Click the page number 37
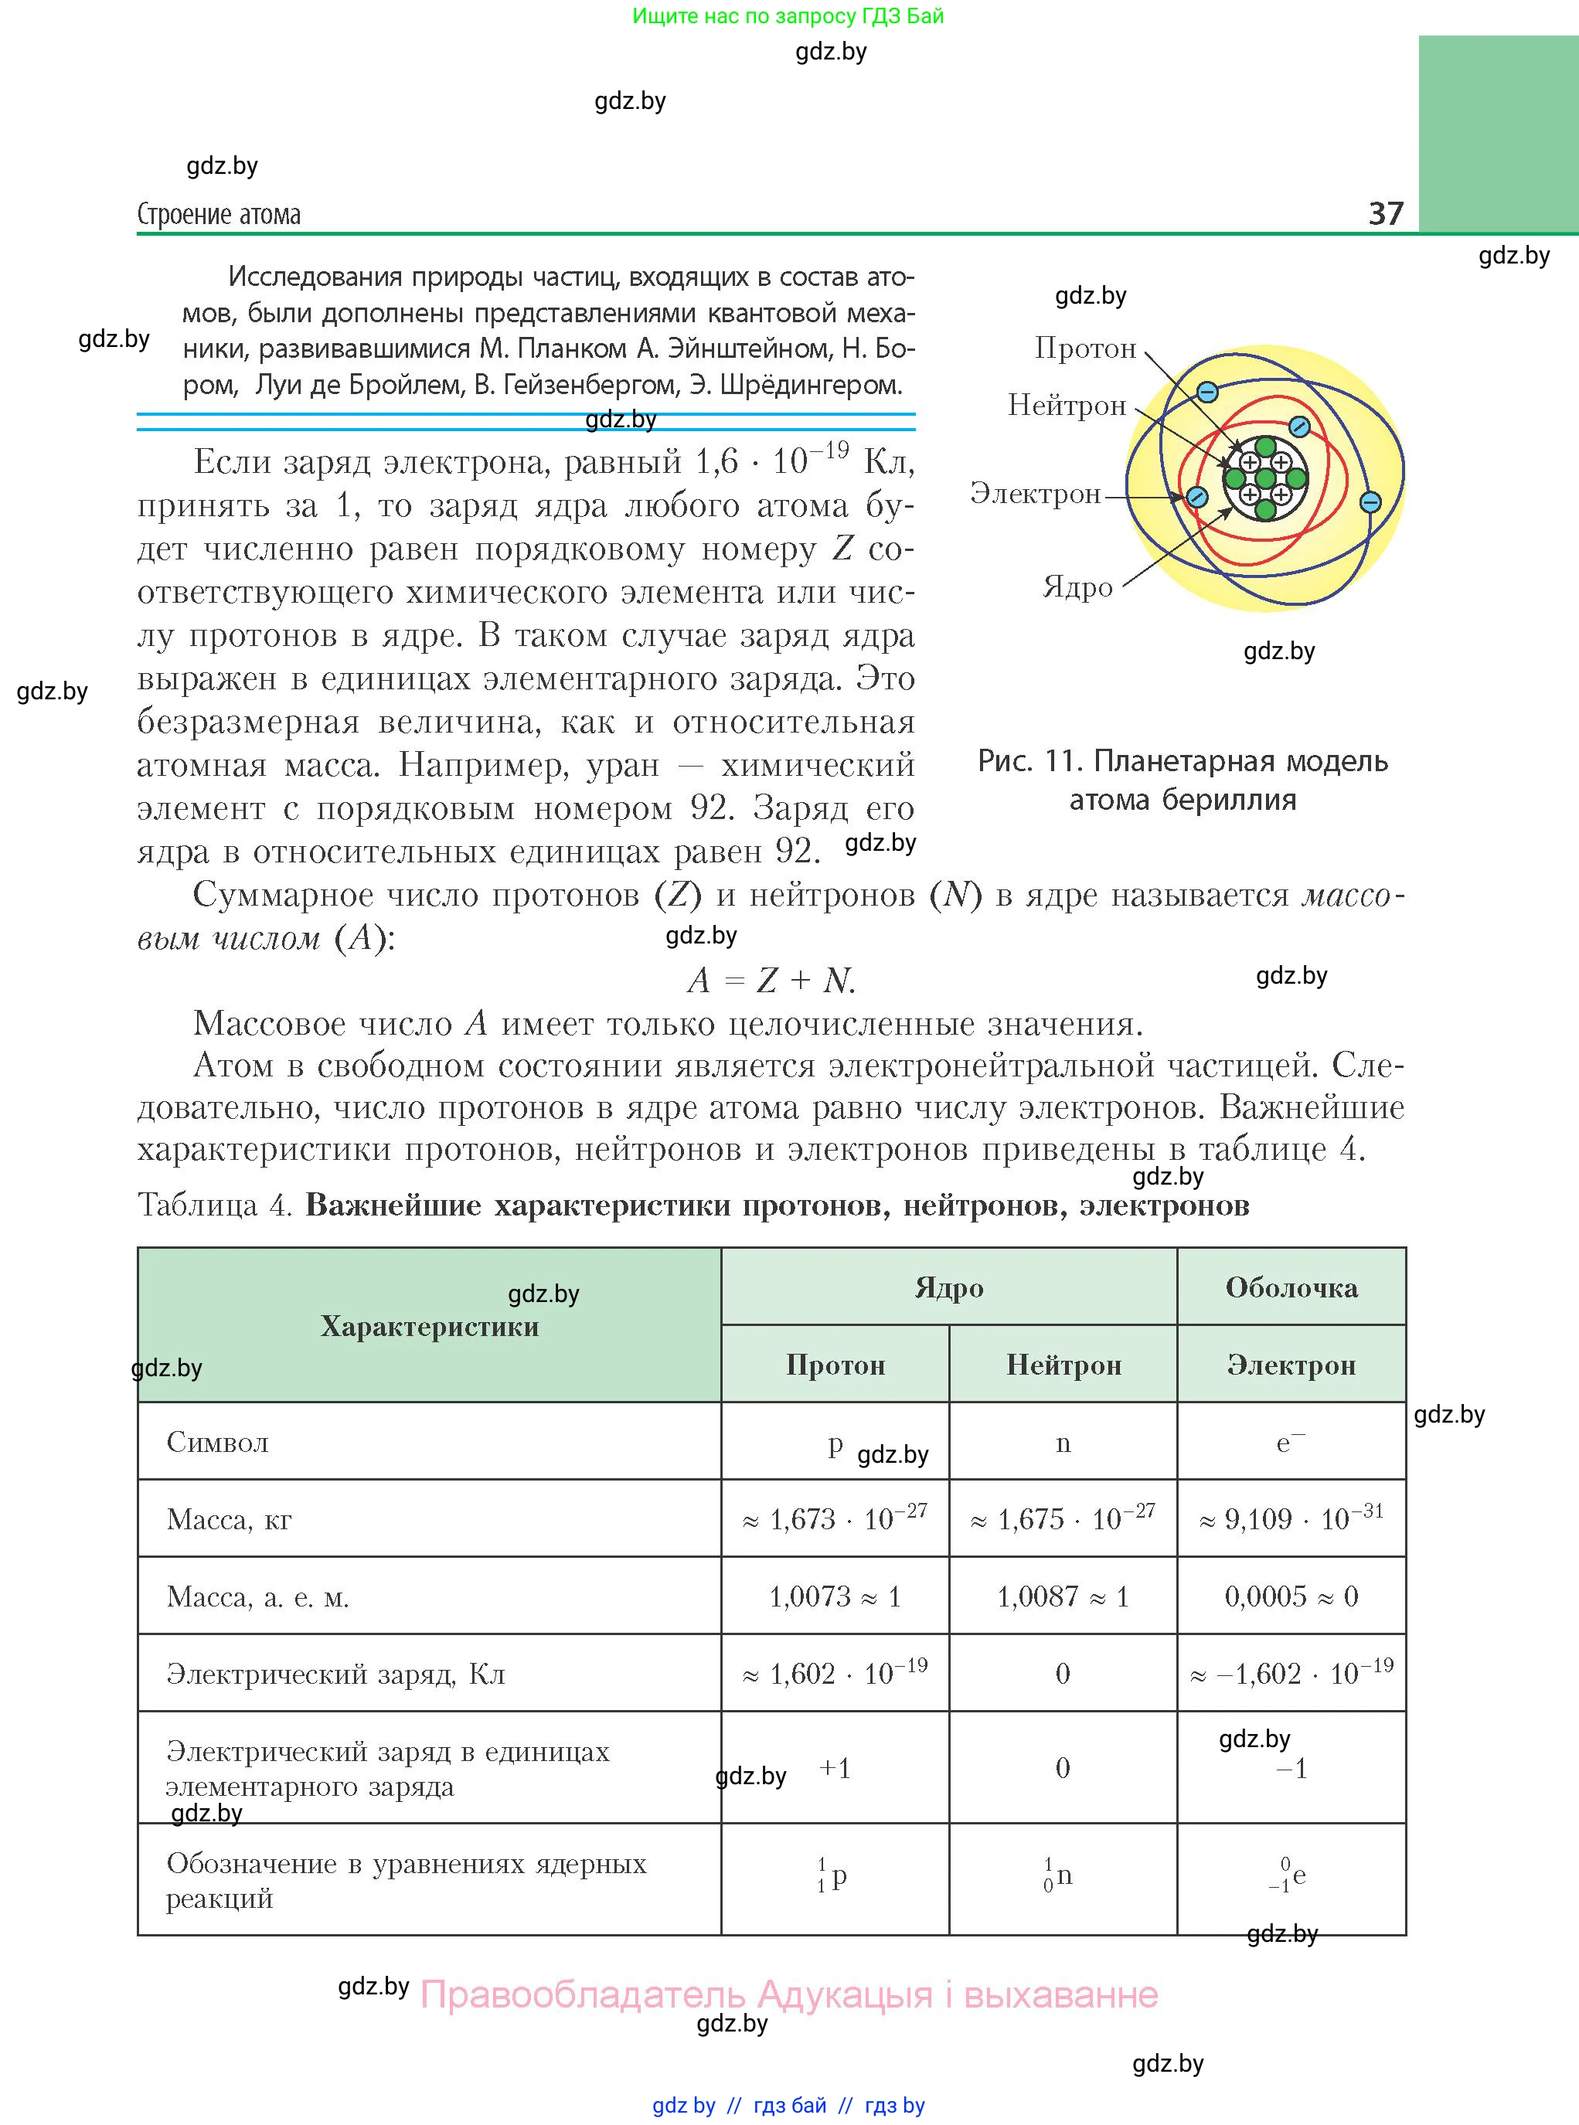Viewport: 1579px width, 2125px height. click(x=1385, y=213)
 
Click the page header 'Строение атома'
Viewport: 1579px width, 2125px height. click(x=219, y=215)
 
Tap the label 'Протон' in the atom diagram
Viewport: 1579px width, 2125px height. click(x=1085, y=348)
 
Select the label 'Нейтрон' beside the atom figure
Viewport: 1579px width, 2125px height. click(x=1067, y=406)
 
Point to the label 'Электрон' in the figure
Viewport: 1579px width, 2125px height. click(x=1035, y=494)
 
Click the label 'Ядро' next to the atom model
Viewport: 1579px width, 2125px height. click(x=1077, y=586)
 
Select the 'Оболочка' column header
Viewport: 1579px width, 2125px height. click(x=1291, y=1288)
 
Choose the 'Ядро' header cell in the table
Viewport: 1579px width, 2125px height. click(x=948, y=1288)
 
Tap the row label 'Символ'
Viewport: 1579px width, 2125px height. click(x=217, y=1442)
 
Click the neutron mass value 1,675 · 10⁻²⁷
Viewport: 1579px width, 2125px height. click(x=1063, y=1518)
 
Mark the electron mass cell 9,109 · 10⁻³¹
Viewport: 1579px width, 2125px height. click(x=1291, y=1518)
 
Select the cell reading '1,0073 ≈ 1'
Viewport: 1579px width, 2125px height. click(x=835, y=1596)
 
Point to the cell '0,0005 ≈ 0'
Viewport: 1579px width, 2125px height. click(x=1291, y=1596)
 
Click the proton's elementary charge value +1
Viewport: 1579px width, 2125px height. click(x=835, y=1769)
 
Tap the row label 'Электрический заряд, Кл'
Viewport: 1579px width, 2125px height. click(x=335, y=1674)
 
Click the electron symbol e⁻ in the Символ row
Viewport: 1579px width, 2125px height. click(x=1289, y=1442)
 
